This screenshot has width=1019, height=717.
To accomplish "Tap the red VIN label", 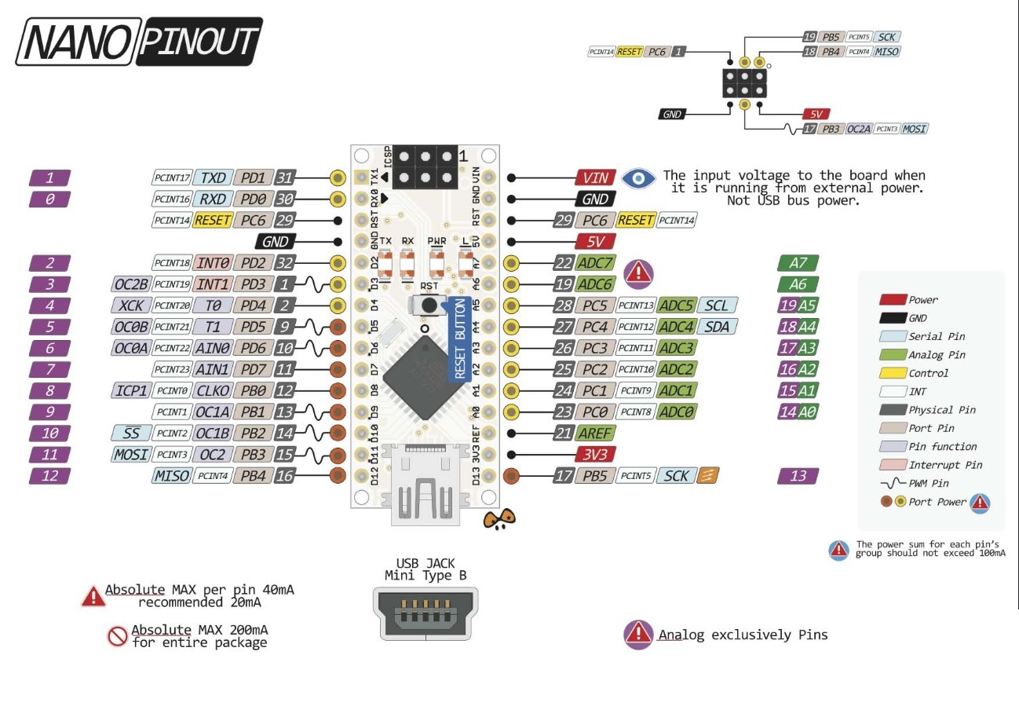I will point(594,177).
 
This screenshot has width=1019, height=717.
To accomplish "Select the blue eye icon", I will point(638,178).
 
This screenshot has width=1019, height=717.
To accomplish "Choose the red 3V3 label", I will point(594,454).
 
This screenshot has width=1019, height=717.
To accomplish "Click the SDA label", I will point(716,327).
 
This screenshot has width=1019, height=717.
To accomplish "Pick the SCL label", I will point(716,305).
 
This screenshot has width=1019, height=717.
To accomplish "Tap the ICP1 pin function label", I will point(130,390).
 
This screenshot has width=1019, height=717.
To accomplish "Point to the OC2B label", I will point(130,284).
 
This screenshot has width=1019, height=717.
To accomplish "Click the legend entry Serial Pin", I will point(937,336).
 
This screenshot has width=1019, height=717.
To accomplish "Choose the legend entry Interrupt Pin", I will point(945,465).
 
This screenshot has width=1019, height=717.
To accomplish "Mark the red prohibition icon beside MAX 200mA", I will point(118,635).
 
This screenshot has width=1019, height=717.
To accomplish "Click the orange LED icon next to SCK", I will point(708,475).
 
